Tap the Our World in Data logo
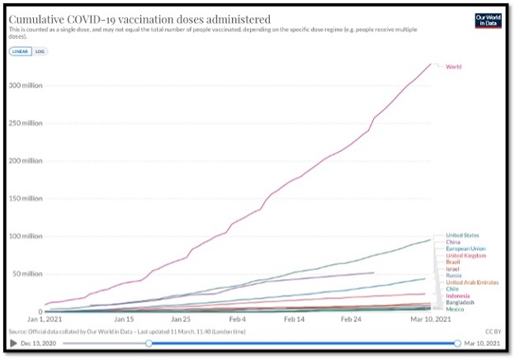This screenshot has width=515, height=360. (488, 21)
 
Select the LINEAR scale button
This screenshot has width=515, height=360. (20, 51)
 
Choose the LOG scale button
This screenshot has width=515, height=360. (40, 51)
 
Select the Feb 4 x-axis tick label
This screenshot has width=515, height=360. (238, 317)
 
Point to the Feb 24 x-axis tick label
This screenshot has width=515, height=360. (352, 317)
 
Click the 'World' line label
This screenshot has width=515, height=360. (453, 66)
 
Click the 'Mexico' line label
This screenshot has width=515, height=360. (455, 309)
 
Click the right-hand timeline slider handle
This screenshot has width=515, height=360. (457, 343)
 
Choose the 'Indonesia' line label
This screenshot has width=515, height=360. (458, 296)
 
